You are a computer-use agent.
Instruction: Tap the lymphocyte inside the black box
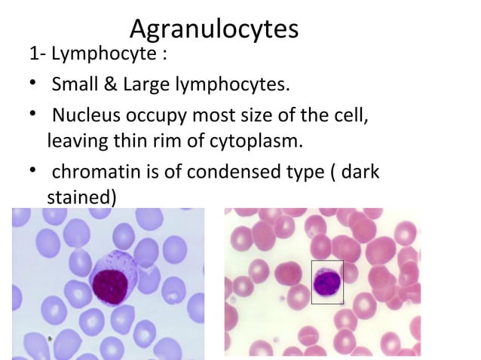click(327, 280)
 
